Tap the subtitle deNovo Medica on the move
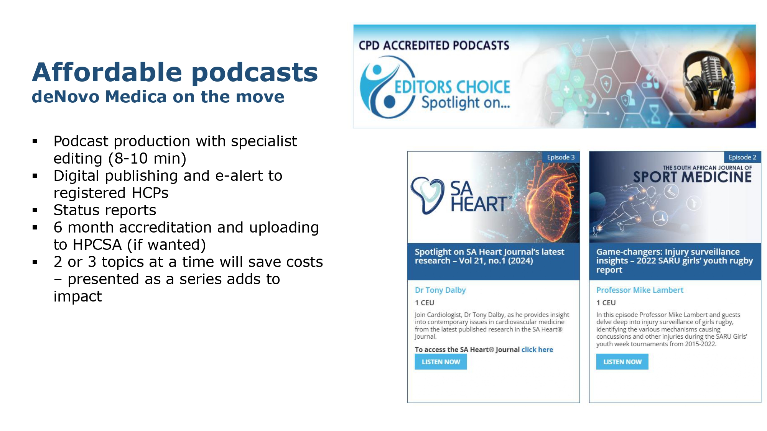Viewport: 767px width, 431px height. pos(158,97)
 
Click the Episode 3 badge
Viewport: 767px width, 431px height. pos(561,157)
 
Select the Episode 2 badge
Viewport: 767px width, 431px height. pos(742,157)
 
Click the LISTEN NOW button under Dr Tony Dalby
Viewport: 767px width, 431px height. pos(441,362)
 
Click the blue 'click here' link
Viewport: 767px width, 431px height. pos(537,349)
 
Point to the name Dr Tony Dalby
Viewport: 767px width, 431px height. pos(440,290)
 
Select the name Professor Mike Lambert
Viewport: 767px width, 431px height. pos(640,290)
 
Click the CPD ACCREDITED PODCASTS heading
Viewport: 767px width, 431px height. pos(434,46)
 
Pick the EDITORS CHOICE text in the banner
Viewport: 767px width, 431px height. pos(453,87)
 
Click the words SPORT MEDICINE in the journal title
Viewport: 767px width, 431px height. pos(692,177)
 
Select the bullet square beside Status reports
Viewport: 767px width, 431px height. pos(35,210)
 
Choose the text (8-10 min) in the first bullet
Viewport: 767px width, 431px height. pos(147,159)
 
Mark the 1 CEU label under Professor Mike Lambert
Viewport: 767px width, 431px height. pos(606,303)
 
